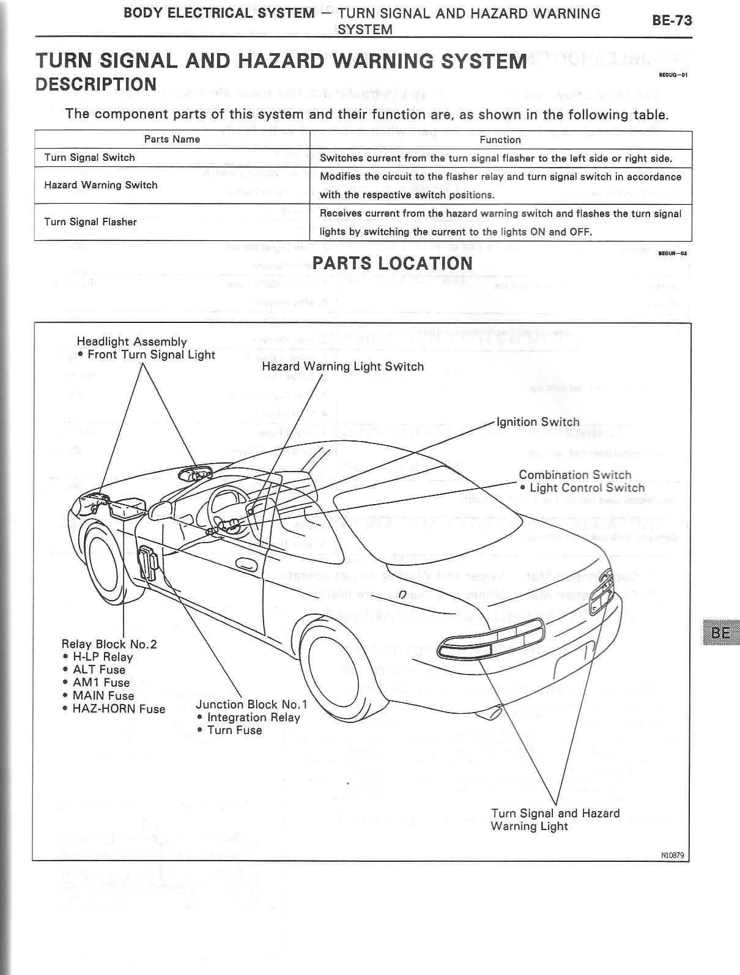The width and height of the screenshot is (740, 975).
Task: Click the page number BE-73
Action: (x=672, y=20)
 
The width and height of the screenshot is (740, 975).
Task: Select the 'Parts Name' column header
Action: (x=172, y=139)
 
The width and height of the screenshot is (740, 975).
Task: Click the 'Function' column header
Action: (x=500, y=139)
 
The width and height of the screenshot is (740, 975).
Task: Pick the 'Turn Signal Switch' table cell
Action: (x=89, y=158)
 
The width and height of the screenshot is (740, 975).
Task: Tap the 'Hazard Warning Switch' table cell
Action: (x=101, y=185)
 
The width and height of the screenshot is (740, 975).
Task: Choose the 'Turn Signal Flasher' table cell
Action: (x=91, y=222)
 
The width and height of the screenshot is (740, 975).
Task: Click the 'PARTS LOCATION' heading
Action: (x=392, y=264)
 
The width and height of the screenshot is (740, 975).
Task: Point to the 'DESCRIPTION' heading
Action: (x=96, y=84)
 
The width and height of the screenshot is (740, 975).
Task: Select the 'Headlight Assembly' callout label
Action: (x=131, y=342)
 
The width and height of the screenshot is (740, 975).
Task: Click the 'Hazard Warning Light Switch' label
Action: (x=342, y=366)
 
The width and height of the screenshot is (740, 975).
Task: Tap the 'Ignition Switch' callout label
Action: (x=538, y=422)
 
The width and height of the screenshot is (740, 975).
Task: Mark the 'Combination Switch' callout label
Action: (x=575, y=475)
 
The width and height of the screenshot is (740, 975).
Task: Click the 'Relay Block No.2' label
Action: (x=109, y=644)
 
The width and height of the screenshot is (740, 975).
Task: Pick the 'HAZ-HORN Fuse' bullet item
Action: (x=119, y=709)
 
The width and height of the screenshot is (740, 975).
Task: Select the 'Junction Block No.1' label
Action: (x=251, y=705)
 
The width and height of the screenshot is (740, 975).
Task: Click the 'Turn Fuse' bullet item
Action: (x=234, y=730)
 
